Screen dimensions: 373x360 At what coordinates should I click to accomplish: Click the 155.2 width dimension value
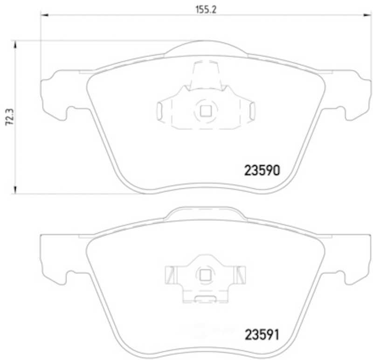coord(206,10)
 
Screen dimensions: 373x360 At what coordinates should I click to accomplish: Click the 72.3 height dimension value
coord(10,117)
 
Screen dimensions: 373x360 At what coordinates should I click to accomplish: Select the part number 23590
coord(262,170)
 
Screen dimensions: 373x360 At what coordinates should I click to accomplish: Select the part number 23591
coord(262,334)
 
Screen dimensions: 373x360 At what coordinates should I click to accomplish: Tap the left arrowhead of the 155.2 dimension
coord(45,15)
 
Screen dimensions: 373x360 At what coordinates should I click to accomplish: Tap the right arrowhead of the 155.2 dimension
coord(366,15)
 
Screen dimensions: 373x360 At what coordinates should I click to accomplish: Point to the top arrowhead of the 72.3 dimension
coord(15,45)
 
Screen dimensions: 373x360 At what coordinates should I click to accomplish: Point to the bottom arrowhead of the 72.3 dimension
coord(15,190)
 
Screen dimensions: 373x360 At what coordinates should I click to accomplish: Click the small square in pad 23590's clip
coord(205,111)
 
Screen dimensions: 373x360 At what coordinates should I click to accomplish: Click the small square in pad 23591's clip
coord(205,276)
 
